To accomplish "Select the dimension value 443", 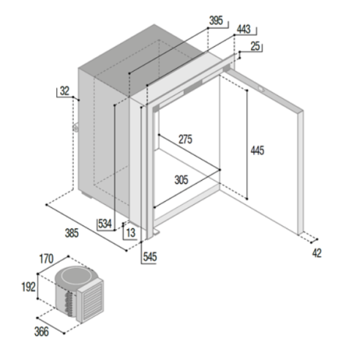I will click(244, 30).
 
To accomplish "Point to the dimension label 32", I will click(64, 91).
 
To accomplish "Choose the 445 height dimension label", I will click(257, 151).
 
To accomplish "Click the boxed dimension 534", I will click(105, 224).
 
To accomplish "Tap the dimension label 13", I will click(130, 233).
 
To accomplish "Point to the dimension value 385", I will click(71, 234).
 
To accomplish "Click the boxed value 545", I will click(149, 258).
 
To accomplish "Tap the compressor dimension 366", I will click(41, 331).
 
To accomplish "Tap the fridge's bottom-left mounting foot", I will click(155, 233).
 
